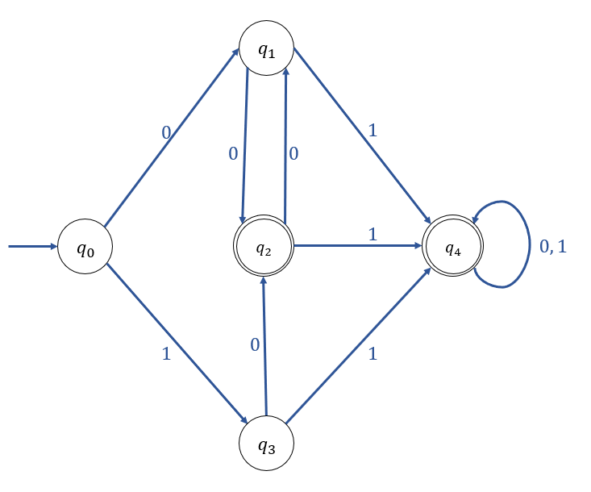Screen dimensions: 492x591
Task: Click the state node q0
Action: click(x=85, y=247)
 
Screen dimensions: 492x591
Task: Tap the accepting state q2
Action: click(x=264, y=247)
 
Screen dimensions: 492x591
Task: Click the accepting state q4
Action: click(x=453, y=247)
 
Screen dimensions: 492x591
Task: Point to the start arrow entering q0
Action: click(x=32, y=246)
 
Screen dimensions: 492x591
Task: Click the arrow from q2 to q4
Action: click(x=359, y=247)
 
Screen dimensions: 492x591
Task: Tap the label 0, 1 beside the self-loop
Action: click(x=553, y=247)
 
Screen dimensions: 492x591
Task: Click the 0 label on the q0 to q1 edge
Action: click(x=166, y=131)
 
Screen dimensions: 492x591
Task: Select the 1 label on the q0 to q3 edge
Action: click(x=166, y=353)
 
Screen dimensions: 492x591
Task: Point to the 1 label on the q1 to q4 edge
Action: click(x=372, y=129)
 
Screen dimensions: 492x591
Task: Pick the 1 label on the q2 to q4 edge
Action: click(x=372, y=234)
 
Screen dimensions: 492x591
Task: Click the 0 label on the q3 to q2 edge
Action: click(x=255, y=345)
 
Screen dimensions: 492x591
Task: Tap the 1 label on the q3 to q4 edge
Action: click(x=372, y=353)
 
